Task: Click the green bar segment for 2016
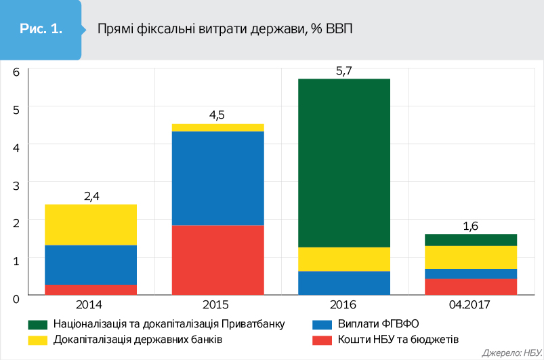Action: click(x=344, y=163)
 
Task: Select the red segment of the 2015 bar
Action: click(x=217, y=260)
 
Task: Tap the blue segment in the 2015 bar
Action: click(x=217, y=178)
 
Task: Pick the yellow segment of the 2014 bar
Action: click(x=91, y=224)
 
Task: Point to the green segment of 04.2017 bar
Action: click(x=471, y=240)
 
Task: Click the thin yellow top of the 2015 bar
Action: click(x=217, y=127)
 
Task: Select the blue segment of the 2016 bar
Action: click(x=344, y=283)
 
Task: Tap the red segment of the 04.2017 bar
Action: click(x=471, y=287)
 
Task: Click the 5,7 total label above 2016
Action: click(x=344, y=69)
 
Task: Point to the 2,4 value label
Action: click(x=91, y=196)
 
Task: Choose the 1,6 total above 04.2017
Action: click(x=471, y=226)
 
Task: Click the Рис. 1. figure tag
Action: click(x=41, y=29)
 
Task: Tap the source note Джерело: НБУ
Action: click(x=509, y=353)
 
